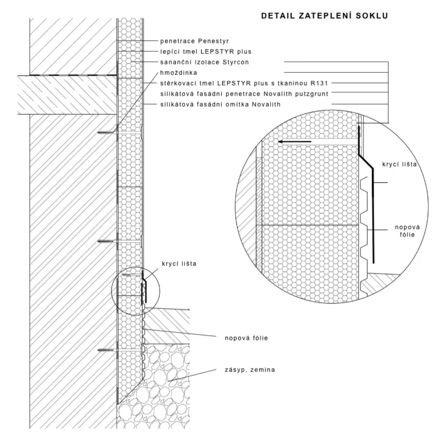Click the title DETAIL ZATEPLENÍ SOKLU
tap(324, 16)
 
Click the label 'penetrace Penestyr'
tap(194, 41)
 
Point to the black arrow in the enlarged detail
tap(294, 142)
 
